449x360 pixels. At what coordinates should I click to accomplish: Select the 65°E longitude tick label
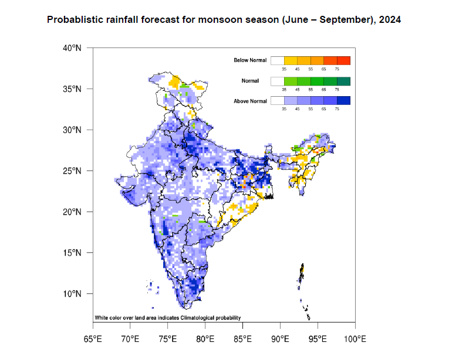(x=92, y=339)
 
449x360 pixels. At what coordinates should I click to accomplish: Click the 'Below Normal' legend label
(x=250, y=60)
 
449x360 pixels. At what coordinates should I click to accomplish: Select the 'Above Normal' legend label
(x=250, y=101)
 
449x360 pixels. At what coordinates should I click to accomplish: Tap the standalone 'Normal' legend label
(x=250, y=81)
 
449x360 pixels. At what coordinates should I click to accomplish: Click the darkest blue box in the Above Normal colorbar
(x=343, y=101)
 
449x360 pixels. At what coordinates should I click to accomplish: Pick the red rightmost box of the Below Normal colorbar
(x=343, y=60)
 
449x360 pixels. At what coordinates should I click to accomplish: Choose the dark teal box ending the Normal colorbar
(x=343, y=80)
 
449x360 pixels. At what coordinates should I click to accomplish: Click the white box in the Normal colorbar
(x=277, y=80)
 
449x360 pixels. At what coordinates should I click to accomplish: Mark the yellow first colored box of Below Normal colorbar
(x=291, y=60)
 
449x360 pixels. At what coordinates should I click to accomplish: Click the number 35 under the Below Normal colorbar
(x=284, y=69)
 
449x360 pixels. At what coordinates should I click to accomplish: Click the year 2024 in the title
(x=390, y=20)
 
